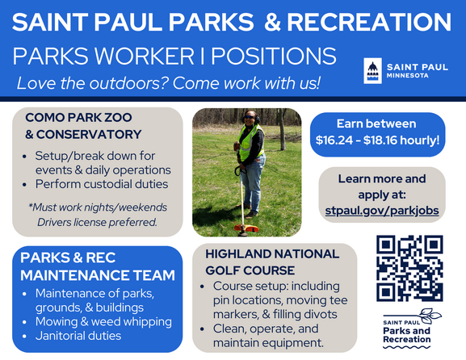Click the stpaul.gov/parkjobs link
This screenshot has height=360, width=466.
[x=381, y=210]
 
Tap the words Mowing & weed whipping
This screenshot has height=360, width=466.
[x=103, y=321]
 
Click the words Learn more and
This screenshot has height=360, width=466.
[x=381, y=178]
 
